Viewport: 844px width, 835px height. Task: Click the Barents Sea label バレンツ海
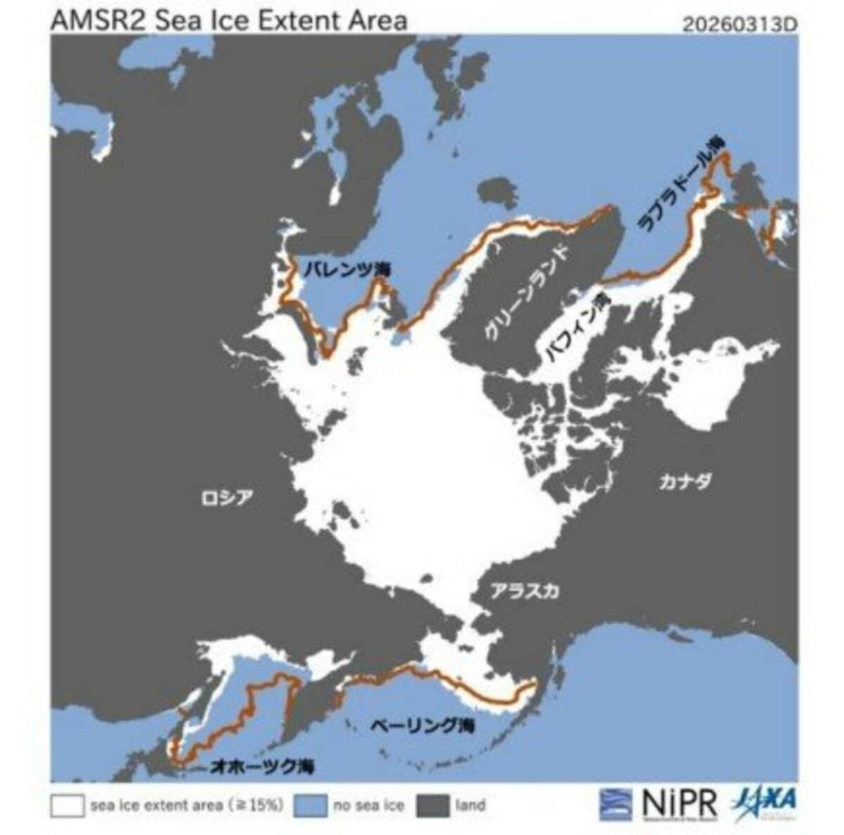[347, 268]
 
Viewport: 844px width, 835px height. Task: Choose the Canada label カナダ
[685, 482]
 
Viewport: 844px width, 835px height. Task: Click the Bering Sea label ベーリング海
[422, 726]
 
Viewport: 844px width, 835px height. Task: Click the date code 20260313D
[740, 25]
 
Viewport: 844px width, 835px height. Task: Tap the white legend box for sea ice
[67, 805]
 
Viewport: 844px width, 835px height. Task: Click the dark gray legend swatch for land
[433, 805]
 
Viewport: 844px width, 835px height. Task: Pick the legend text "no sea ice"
[369, 805]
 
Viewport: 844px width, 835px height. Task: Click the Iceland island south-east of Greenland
[497, 193]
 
